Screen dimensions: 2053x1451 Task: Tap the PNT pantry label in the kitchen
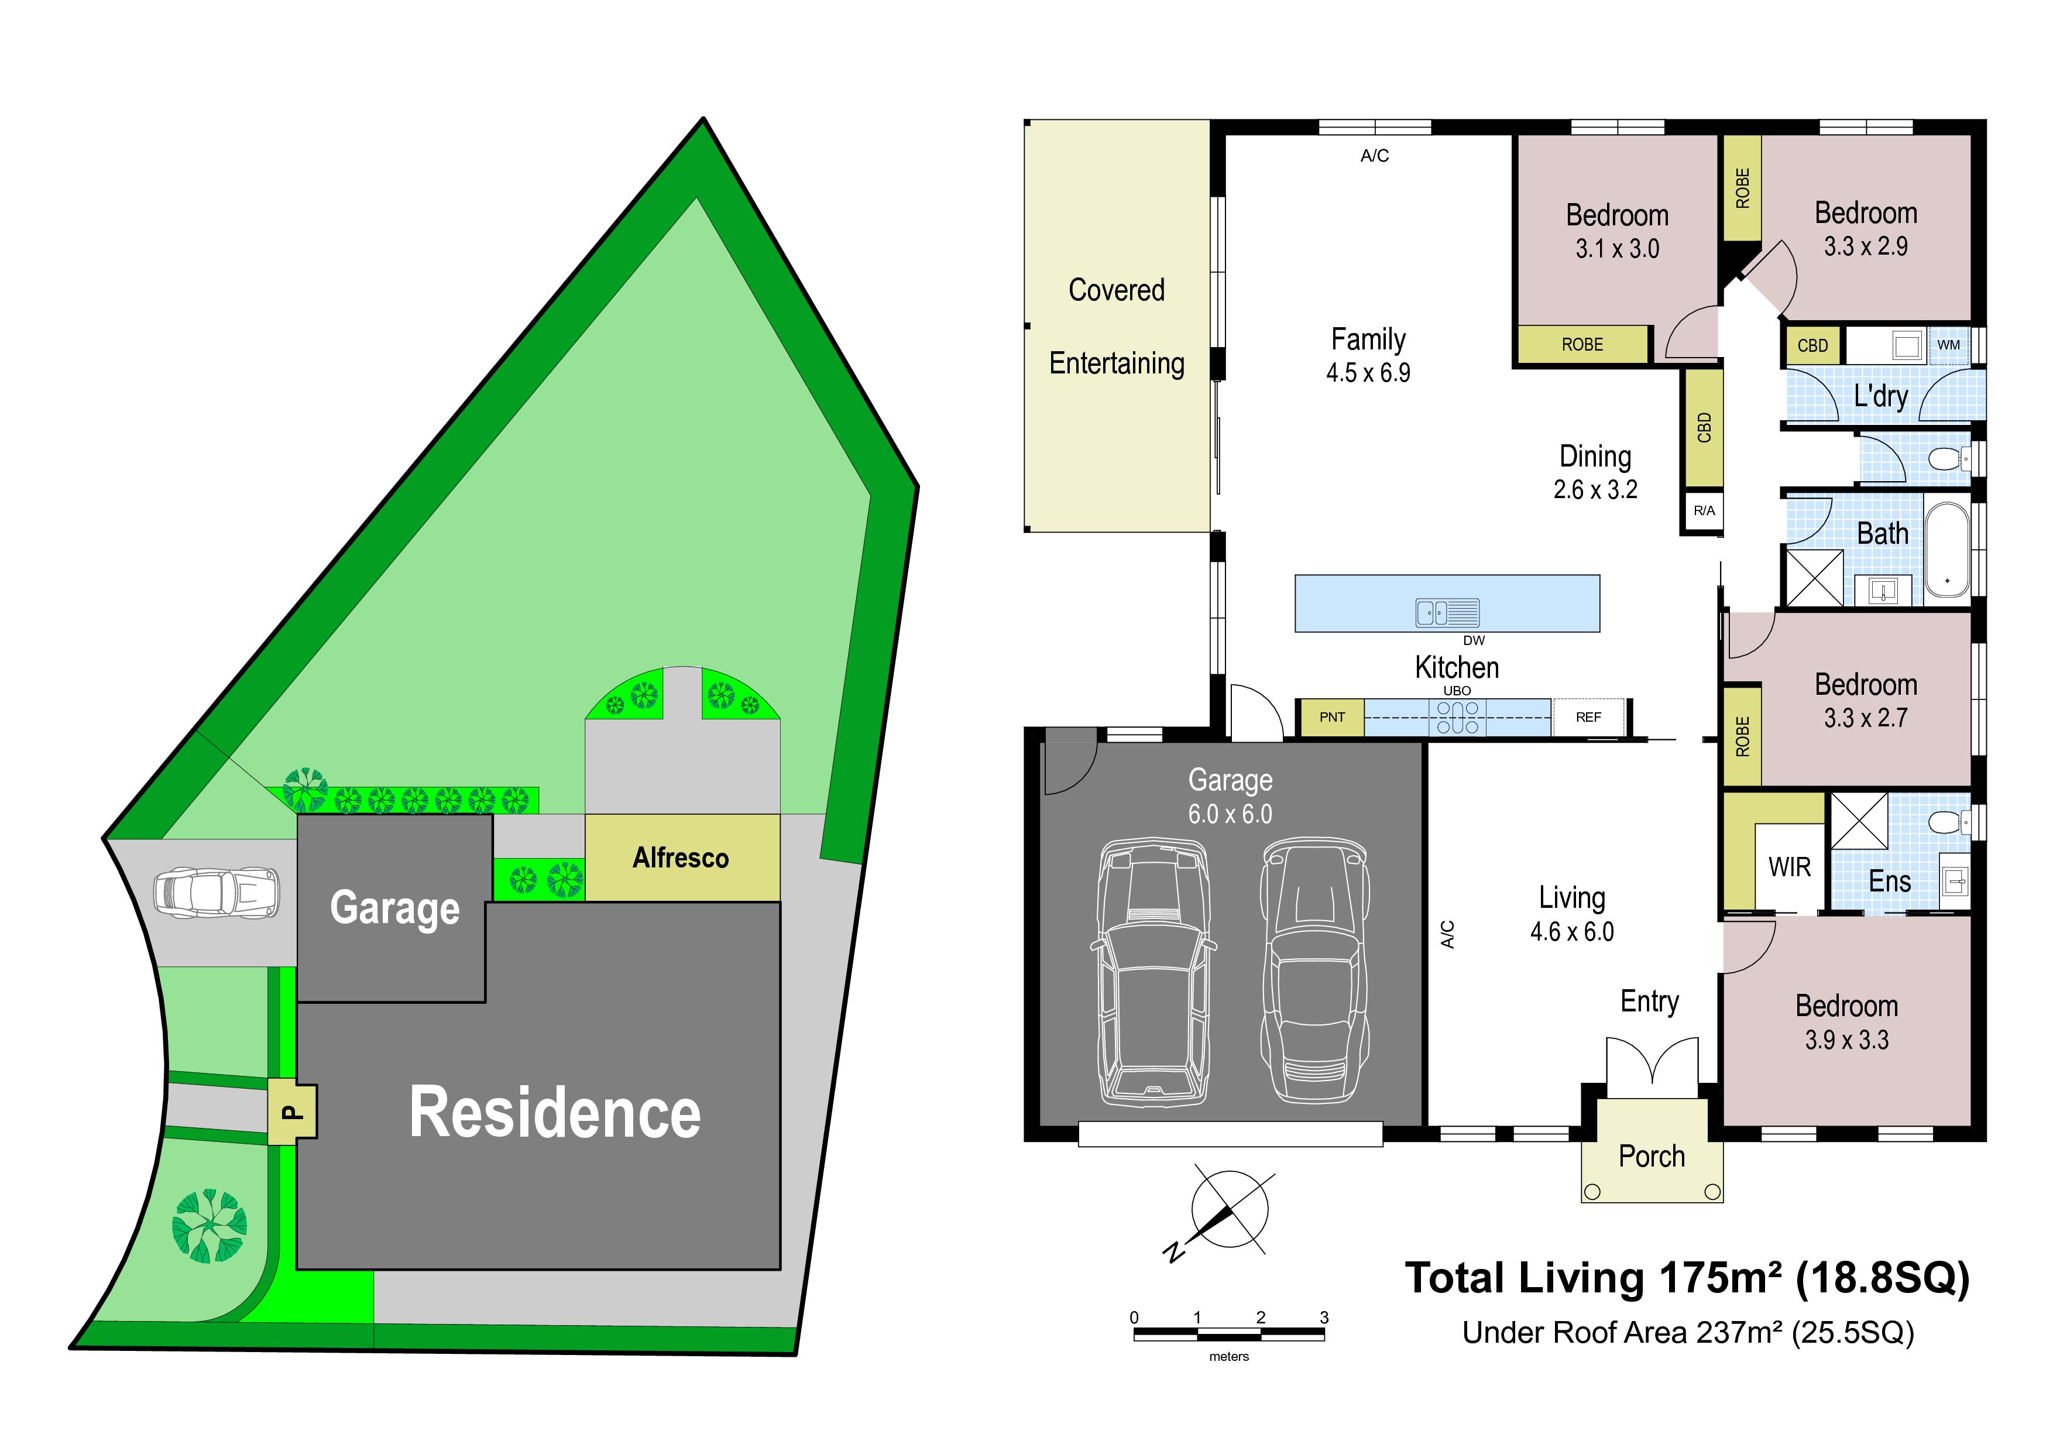[1331, 717]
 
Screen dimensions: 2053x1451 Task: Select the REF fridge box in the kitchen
[1588, 717]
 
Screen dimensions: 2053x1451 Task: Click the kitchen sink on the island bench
[1448, 612]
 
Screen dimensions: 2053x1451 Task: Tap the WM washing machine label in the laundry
[1948, 345]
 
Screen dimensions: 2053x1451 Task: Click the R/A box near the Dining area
[1704, 510]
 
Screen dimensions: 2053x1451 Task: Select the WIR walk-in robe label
[1789, 867]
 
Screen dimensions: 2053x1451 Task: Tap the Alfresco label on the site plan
[681, 858]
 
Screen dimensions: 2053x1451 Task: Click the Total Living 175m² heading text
[1687, 1278]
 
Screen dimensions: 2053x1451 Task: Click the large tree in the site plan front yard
[210, 1226]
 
